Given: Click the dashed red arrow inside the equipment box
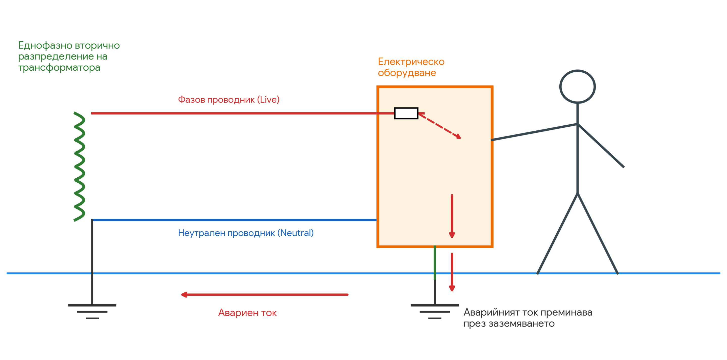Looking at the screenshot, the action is pyautogui.click(x=439, y=126).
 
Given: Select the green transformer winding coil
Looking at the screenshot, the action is pyautogui.click(x=79, y=167).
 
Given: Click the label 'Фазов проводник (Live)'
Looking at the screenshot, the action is pyautogui.click(x=229, y=99).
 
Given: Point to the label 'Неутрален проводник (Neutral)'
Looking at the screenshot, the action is pyautogui.click(x=246, y=233).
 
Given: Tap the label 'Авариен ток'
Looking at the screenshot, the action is pyautogui.click(x=247, y=313).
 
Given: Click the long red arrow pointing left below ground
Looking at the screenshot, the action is pyautogui.click(x=265, y=295).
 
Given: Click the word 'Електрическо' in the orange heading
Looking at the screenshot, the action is pyautogui.click(x=411, y=62).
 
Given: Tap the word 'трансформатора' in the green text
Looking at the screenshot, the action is pyautogui.click(x=59, y=68).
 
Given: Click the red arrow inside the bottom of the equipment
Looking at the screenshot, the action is pyautogui.click(x=452, y=216).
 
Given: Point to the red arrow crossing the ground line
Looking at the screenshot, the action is pyautogui.click(x=452, y=272).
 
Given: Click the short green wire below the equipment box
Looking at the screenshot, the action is pyautogui.click(x=435, y=263).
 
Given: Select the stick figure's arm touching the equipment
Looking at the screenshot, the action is pyautogui.click(x=534, y=132).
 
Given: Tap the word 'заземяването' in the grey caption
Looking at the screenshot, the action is pyautogui.click(x=522, y=324).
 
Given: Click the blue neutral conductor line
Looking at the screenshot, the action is pyautogui.click(x=234, y=220).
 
